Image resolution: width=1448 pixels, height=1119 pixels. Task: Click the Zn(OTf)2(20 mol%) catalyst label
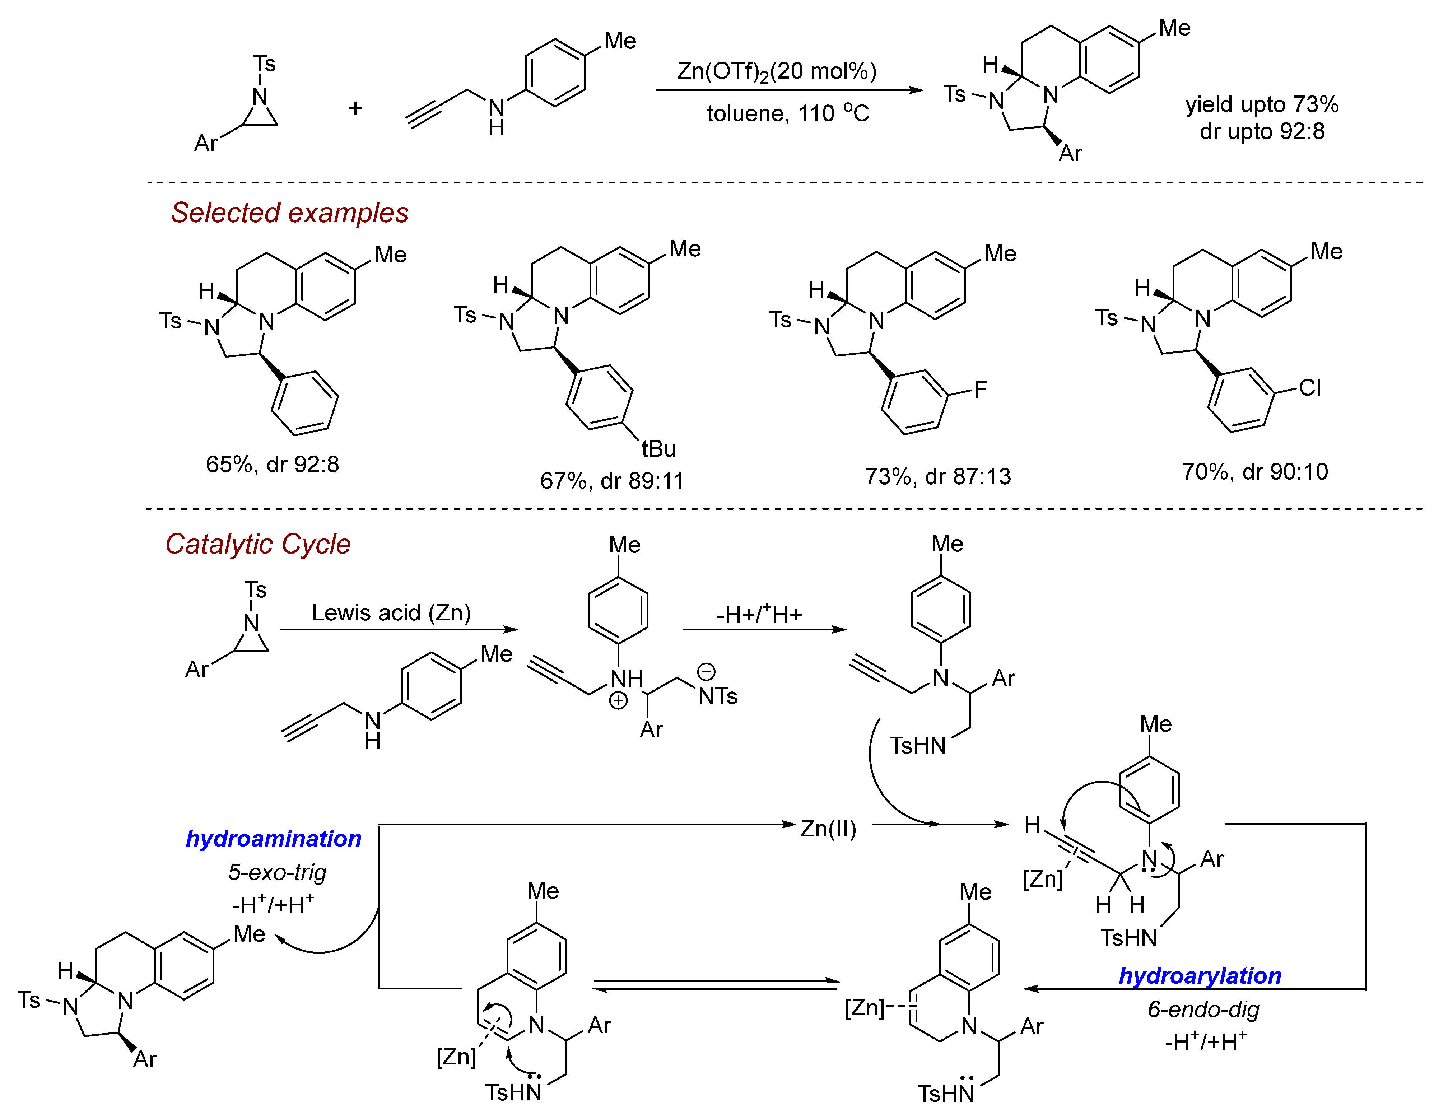click(776, 71)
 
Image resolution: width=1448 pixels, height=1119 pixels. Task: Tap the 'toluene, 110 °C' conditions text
click(788, 113)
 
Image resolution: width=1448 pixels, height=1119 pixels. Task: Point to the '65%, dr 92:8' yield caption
click(272, 464)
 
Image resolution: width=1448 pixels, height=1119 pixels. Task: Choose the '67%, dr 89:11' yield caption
click(611, 481)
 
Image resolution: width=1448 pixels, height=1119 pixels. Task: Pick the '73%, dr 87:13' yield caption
click(937, 476)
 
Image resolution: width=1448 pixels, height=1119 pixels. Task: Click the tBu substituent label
click(658, 449)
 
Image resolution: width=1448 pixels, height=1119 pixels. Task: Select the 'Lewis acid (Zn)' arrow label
click(391, 612)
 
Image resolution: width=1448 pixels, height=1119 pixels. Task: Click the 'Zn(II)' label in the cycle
click(828, 829)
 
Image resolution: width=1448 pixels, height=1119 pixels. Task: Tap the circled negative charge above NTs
click(707, 672)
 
